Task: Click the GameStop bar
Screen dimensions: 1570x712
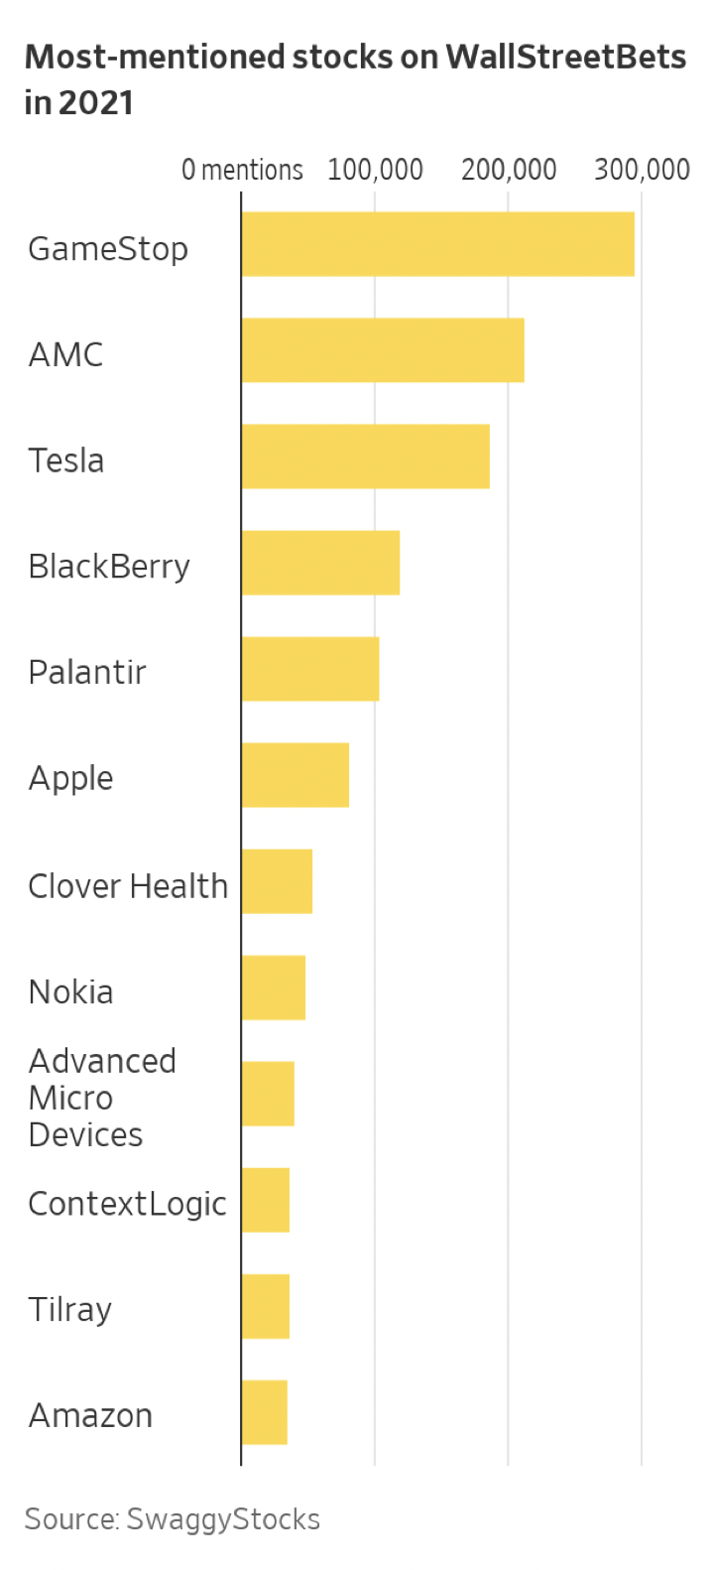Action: pos(437,244)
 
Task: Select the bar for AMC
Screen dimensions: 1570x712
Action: pos(383,350)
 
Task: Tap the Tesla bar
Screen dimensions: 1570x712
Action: pos(365,457)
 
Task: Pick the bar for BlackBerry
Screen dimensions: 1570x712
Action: pos(320,563)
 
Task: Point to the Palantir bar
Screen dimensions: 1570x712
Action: pos(310,669)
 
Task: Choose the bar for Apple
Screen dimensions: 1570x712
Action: pos(296,775)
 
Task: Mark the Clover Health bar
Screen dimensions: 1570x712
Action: pos(277,881)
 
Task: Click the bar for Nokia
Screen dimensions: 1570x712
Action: pos(274,987)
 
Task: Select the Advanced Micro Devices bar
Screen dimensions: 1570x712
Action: pos(268,1094)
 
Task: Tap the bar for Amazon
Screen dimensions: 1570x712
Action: pos(265,1412)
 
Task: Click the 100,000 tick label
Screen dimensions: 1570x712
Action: pos(375,171)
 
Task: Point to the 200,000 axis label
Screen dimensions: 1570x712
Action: pos(509,171)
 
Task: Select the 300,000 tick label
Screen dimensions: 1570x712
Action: pos(642,171)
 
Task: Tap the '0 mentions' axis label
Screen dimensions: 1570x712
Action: pos(242,171)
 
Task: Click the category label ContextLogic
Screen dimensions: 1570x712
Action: pos(127,1204)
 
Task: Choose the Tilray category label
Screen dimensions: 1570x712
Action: pos(69,1310)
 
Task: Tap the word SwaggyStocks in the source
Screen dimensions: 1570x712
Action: pos(223,1519)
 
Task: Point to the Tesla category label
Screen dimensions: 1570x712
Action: pos(65,460)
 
